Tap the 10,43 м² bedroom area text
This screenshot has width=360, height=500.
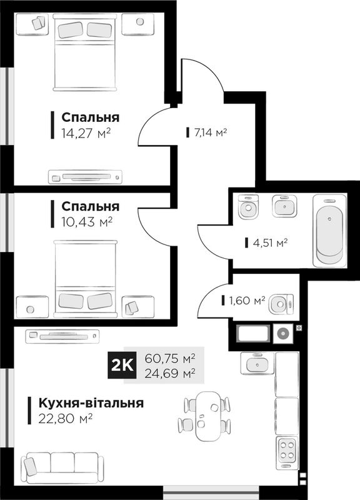pos(87,222)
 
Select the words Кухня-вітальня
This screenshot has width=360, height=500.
pos(91,403)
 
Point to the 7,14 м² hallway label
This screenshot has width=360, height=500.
pos(211,132)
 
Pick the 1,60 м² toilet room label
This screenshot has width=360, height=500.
pos(247,301)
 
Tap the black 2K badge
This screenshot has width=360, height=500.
pos(122,366)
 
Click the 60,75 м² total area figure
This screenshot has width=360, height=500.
pos(170,358)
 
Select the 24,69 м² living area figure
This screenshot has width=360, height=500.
pos(170,372)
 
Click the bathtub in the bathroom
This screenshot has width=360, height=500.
pos(330,231)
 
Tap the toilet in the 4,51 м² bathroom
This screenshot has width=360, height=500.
pos(249,207)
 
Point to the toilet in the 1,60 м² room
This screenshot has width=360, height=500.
pos(281,304)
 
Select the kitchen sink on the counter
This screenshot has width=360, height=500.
pos(257,363)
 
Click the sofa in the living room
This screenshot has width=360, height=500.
pos(62,467)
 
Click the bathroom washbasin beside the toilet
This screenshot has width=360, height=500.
pos(284,206)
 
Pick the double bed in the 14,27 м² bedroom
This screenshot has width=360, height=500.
pos(84,52)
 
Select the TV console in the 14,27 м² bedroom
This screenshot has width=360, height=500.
pos(85,177)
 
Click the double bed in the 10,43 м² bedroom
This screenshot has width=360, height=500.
pos(85,279)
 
